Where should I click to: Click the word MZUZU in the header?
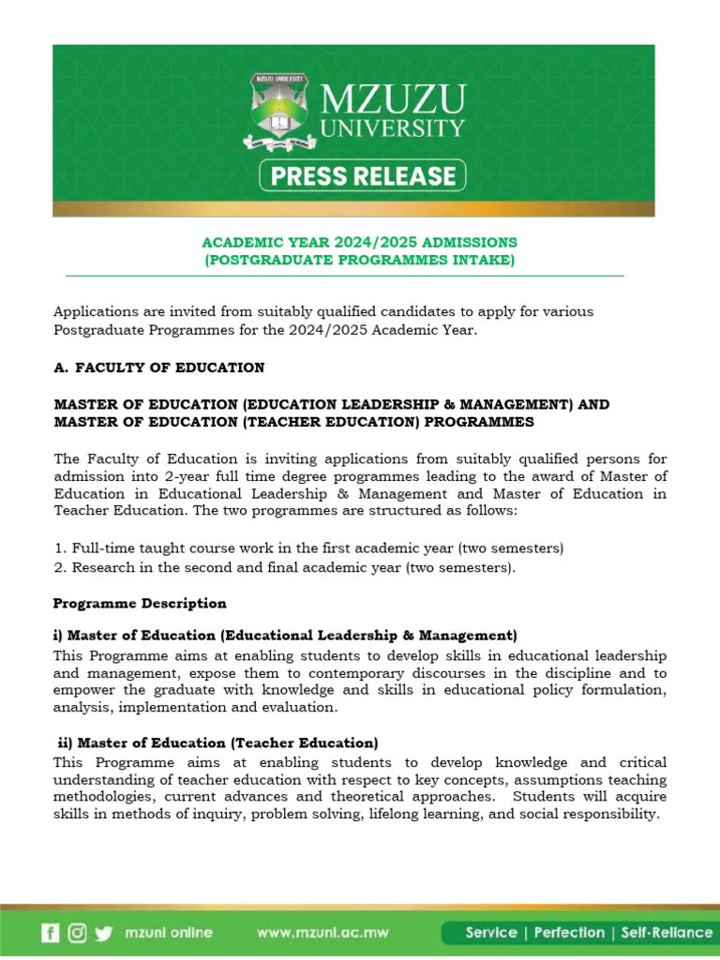pyautogui.click(x=393, y=97)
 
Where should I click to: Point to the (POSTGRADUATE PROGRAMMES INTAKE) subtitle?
pyautogui.click(x=360, y=260)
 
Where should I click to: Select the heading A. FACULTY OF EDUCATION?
pyautogui.click(x=159, y=367)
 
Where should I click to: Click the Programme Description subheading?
pyautogui.click(x=140, y=603)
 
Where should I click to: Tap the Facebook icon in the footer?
pyautogui.click(x=50, y=933)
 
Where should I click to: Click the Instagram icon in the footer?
pyautogui.click(x=77, y=933)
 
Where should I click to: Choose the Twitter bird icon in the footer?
pyautogui.click(x=103, y=933)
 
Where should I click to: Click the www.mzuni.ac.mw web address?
pyautogui.click(x=324, y=933)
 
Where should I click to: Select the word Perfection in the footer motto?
pyautogui.click(x=569, y=932)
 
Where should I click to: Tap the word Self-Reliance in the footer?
pyautogui.click(x=667, y=932)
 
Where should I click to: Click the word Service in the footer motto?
pyautogui.click(x=491, y=932)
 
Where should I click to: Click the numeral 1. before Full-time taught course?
pyautogui.click(x=59, y=547)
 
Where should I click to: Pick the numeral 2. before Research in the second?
pyautogui.click(x=59, y=567)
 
